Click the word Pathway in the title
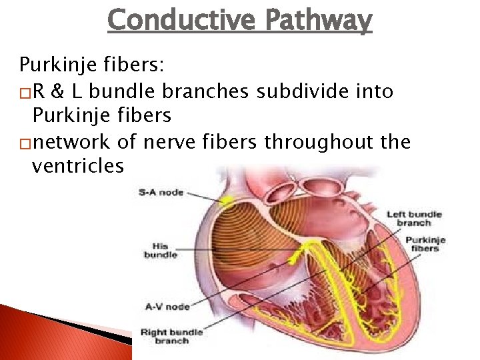tap(318, 21)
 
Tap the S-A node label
tap(161, 193)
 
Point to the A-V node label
tap(166, 307)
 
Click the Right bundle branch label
tap(171, 336)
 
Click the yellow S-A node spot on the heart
tap(227, 200)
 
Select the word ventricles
tap(77, 166)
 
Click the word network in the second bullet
tap(73, 142)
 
